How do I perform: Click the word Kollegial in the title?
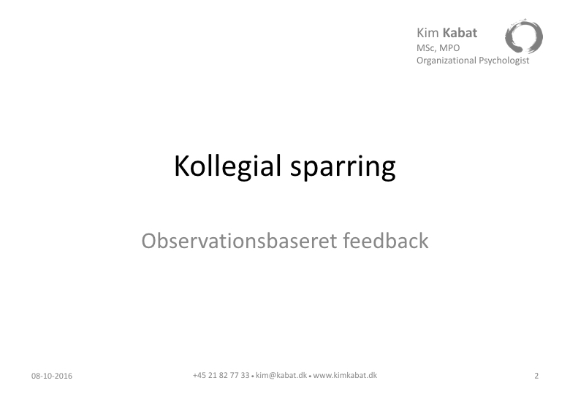[x=227, y=166]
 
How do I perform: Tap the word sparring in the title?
[x=343, y=167]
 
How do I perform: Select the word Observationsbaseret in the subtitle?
[x=239, y=241]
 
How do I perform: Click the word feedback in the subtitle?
[x=386, y=241]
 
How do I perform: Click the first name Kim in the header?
[x=427, y=33]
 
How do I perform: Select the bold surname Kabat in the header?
[x=460, y=33]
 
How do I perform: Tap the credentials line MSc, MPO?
[x=438, y=48]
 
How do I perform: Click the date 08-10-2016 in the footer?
[x=52, y=376]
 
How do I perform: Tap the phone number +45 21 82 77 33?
[x=221, y=375]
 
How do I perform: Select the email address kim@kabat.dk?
[x=281, y=375]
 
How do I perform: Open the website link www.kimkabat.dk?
[x=345, y=375]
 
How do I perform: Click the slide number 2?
[x=536, y=376]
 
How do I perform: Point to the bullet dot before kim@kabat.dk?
[x=253, y=376]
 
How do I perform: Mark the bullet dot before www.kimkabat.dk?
[x=310, y=376]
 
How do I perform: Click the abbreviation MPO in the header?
[x=449, y=48]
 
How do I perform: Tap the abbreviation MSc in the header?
[x=426, y=48]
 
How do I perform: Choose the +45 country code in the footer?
[x=199, y=375]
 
